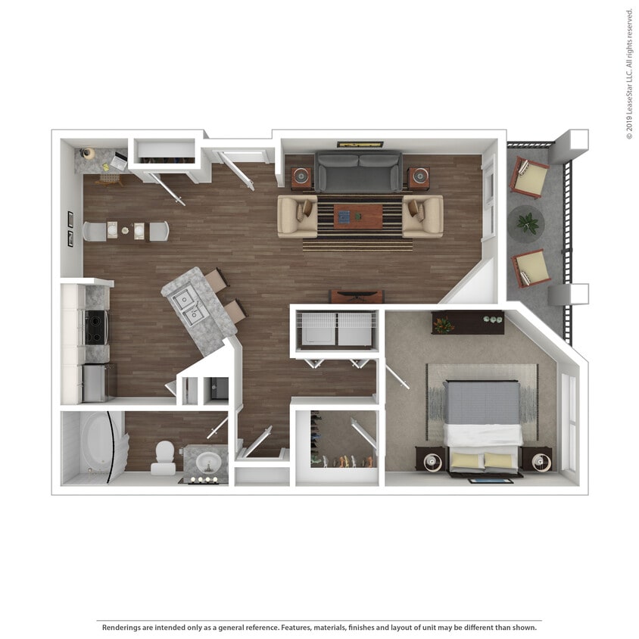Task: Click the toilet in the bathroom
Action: [164, 457]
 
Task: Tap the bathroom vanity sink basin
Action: [209, 463]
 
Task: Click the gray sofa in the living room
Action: [358, 172]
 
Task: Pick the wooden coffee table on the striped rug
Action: [358, 217]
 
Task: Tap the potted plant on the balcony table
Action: [528, 223]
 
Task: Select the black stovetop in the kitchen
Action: [95, 327]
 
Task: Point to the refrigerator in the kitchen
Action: [95, 383]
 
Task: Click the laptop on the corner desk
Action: [119, 161]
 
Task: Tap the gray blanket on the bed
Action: [482, 403]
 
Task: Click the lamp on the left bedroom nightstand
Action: [432, 462]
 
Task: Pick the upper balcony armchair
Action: [529, 177]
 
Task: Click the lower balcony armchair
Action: [531, 268]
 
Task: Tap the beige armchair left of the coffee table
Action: [297, 217]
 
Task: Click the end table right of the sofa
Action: [419, 178]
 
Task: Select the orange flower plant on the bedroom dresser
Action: [443, 325]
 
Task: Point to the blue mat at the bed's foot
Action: [491, 481]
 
